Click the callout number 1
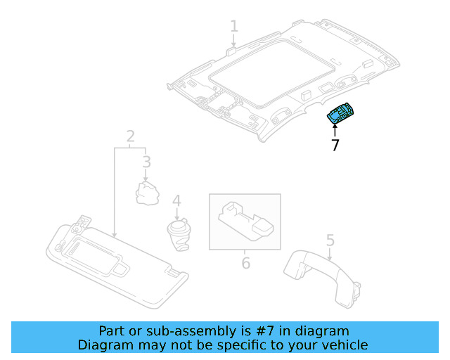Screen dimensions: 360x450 234,27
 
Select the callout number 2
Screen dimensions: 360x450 131,135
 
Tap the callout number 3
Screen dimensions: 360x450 146,163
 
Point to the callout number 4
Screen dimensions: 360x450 176,201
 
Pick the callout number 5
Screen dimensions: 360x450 330,242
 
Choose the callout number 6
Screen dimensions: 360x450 245,263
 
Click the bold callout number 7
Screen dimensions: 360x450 335,146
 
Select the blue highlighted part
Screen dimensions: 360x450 342,115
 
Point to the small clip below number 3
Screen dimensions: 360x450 148,192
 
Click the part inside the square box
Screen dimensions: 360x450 245,221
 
